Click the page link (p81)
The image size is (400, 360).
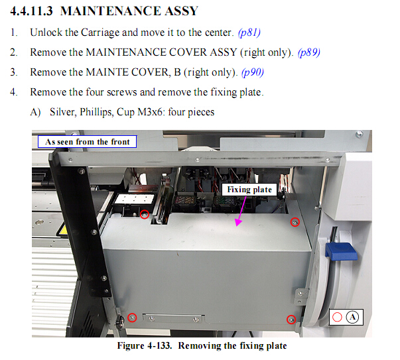(249, 32)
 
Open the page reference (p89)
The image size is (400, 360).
(309, 52)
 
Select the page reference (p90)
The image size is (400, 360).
(253, 72)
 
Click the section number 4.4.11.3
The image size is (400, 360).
(31, 11)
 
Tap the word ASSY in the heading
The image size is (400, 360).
(181, 11)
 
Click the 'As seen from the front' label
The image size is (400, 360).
(88, 141)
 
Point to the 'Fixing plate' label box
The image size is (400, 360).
(249, 190)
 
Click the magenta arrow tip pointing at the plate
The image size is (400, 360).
(237, 225)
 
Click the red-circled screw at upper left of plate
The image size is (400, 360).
(145, 214)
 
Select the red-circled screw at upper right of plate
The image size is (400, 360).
(295, 222)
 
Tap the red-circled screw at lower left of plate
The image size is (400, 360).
(132, 318)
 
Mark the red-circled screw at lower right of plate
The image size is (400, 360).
(291, 320)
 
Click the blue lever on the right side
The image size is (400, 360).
(341, 251)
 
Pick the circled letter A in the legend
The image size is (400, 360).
(352, 317)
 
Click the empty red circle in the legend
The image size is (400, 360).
(337, 317)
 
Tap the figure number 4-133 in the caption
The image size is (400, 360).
(159, 345)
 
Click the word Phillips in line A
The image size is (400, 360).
(97, 112)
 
